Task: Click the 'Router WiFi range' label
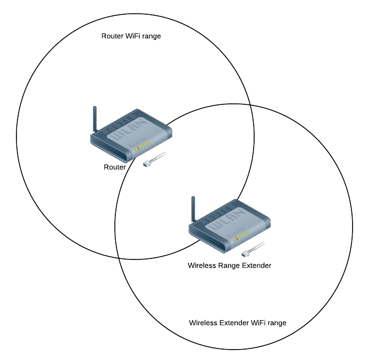coord(131,36)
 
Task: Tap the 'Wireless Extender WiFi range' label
coord(237,323)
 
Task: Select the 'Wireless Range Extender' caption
coord(230,265)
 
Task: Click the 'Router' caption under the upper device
coord(115,167)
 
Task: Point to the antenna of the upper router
coord(95,119)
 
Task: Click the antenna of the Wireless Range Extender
coord(193,209)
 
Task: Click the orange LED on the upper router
coord(138,149)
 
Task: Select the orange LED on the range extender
coord(237,239)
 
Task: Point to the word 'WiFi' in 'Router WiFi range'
coord(133,36)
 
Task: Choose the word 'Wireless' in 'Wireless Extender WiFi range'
coord(203,323)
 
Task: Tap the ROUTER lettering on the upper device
coord(119,123)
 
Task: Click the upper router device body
coord(131,135)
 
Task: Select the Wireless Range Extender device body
coord(230,226)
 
